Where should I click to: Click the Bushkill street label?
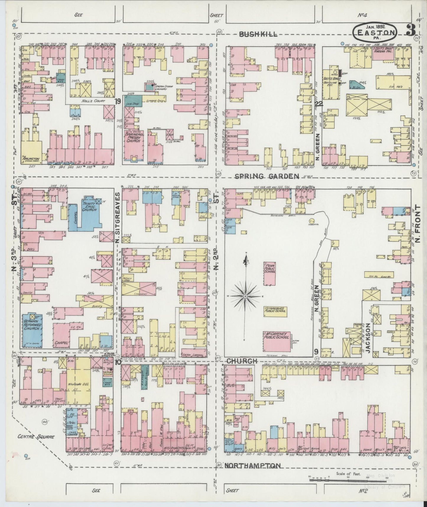(x=258, y=34)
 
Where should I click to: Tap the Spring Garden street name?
(x=267, y=177)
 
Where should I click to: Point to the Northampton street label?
(x=252, y=466)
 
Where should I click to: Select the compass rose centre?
(x=245, y=296)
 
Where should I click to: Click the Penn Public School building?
(x=270, y=271)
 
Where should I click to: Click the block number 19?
(x=118, y=101)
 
